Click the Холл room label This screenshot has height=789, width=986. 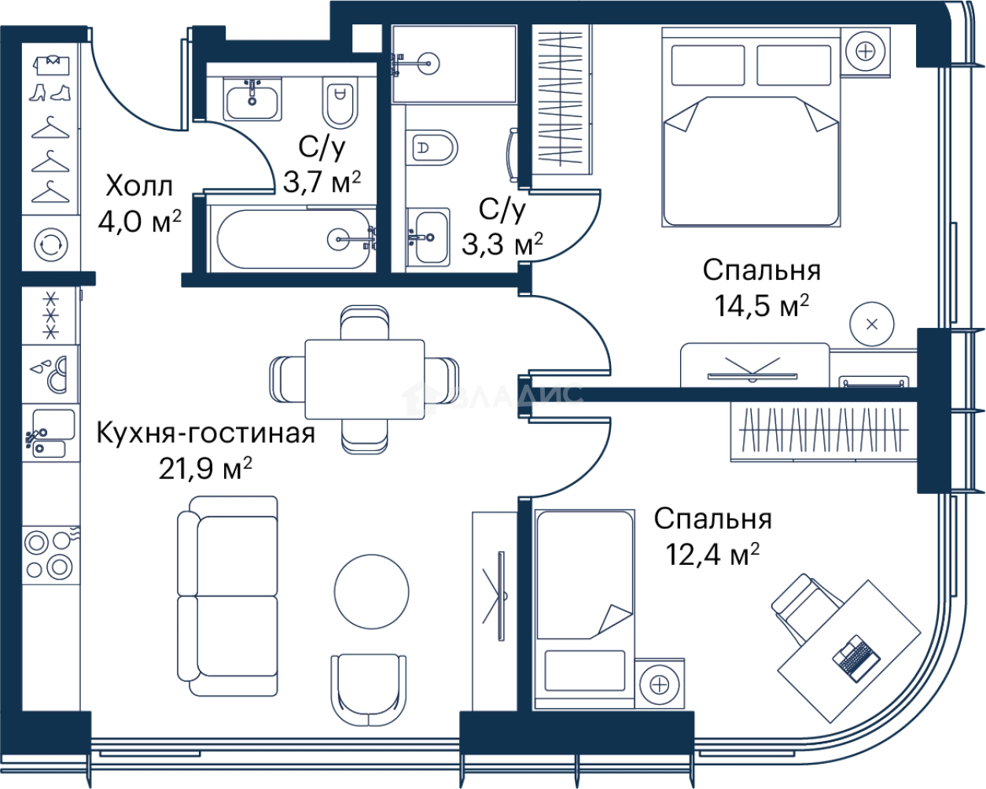139,186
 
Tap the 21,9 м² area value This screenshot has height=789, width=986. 205,469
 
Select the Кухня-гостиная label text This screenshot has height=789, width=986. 206,433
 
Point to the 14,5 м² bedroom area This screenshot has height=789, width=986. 762,305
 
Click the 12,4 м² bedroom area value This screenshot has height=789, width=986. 712,555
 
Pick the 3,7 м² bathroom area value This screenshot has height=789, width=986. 322,182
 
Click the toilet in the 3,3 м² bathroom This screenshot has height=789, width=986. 432,148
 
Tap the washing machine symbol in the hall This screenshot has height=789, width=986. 51,245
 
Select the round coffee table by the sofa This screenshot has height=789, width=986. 372,592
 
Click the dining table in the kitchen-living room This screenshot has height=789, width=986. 365,379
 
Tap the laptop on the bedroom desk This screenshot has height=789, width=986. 856,658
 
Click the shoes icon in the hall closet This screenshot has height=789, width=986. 50,93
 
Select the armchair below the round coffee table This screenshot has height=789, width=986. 369,690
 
